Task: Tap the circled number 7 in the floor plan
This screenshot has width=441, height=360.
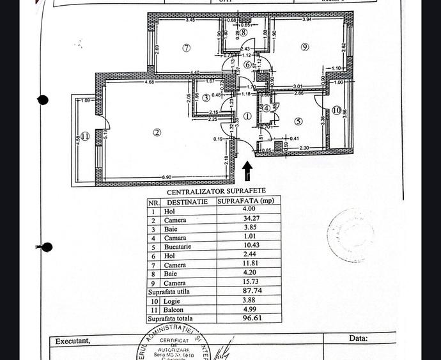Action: coord(187,47)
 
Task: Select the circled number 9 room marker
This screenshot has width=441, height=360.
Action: coord(305,47)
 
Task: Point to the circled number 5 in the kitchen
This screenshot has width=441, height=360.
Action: coord(298,121)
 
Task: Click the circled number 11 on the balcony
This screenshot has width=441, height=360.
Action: coord(85,136)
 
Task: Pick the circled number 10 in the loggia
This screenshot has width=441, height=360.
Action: coord(336,111)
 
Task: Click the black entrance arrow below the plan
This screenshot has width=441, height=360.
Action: coord(247,171)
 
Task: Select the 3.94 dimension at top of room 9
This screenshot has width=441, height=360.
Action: coord(307,19)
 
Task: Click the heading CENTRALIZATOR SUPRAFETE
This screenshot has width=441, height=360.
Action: coord(216,191)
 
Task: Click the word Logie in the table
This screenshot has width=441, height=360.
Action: coord(173,301)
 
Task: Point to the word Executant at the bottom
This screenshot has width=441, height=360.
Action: coord(73,341)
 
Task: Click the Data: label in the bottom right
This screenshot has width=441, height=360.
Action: coord(358,338)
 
